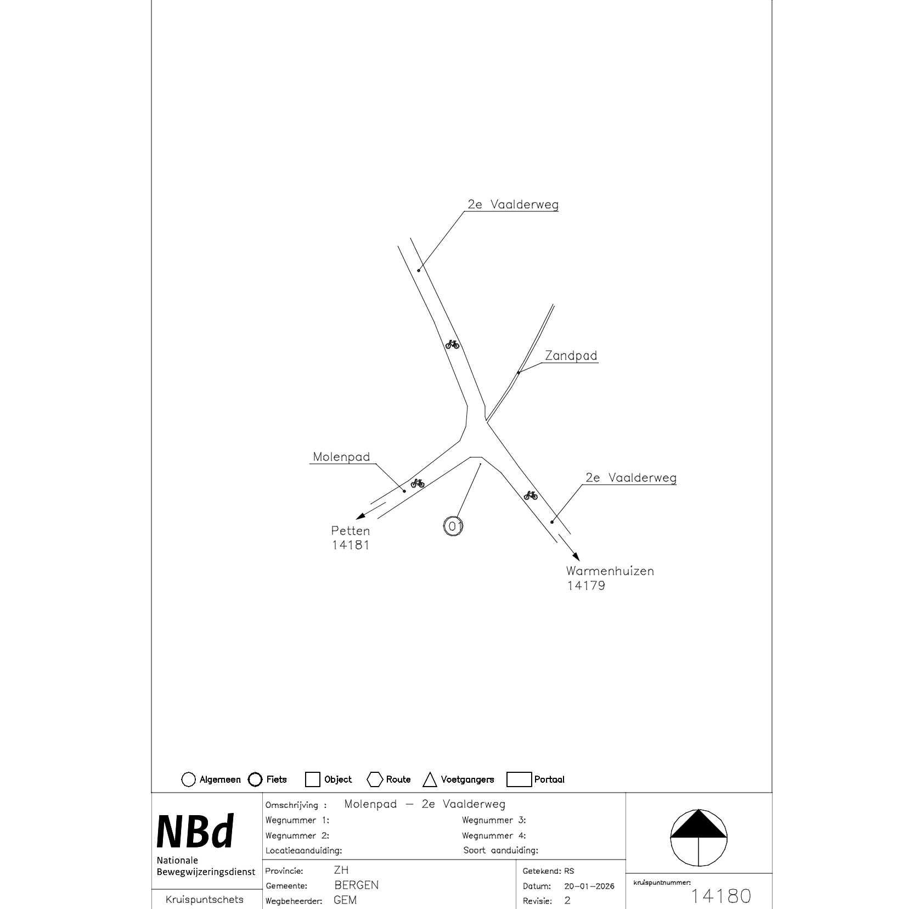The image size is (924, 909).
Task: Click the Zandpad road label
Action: coord(571,356)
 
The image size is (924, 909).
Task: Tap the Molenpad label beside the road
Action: coord(341,457)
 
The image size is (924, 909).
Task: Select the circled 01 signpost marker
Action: coord(453,526)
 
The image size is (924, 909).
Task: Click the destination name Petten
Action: coord(351,531)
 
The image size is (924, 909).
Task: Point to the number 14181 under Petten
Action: coord(351,545)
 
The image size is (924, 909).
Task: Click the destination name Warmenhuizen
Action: coord(610,571)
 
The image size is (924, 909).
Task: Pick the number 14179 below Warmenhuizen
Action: coord(586,586)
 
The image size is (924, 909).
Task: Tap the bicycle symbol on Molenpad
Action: coord(418,483)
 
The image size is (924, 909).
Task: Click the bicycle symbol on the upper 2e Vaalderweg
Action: coord(452,344)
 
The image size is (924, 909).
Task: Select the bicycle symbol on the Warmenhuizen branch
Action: coord(531,495)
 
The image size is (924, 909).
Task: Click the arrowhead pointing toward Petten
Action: coord(360,516)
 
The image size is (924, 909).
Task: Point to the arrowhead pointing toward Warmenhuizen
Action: coord(576,557)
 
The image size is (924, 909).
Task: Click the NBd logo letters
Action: coord(195,832)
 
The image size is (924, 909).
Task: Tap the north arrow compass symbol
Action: coord(698,838)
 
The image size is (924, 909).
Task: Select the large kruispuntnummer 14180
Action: coord(720,896)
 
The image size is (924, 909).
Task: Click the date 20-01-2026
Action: coord(589,886)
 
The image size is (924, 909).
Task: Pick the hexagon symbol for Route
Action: coord(375,779)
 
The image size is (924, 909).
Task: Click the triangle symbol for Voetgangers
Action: coord(430,779)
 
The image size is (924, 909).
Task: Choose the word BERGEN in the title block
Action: coord(356,885)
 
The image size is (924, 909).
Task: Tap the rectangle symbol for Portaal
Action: coord(519,779)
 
